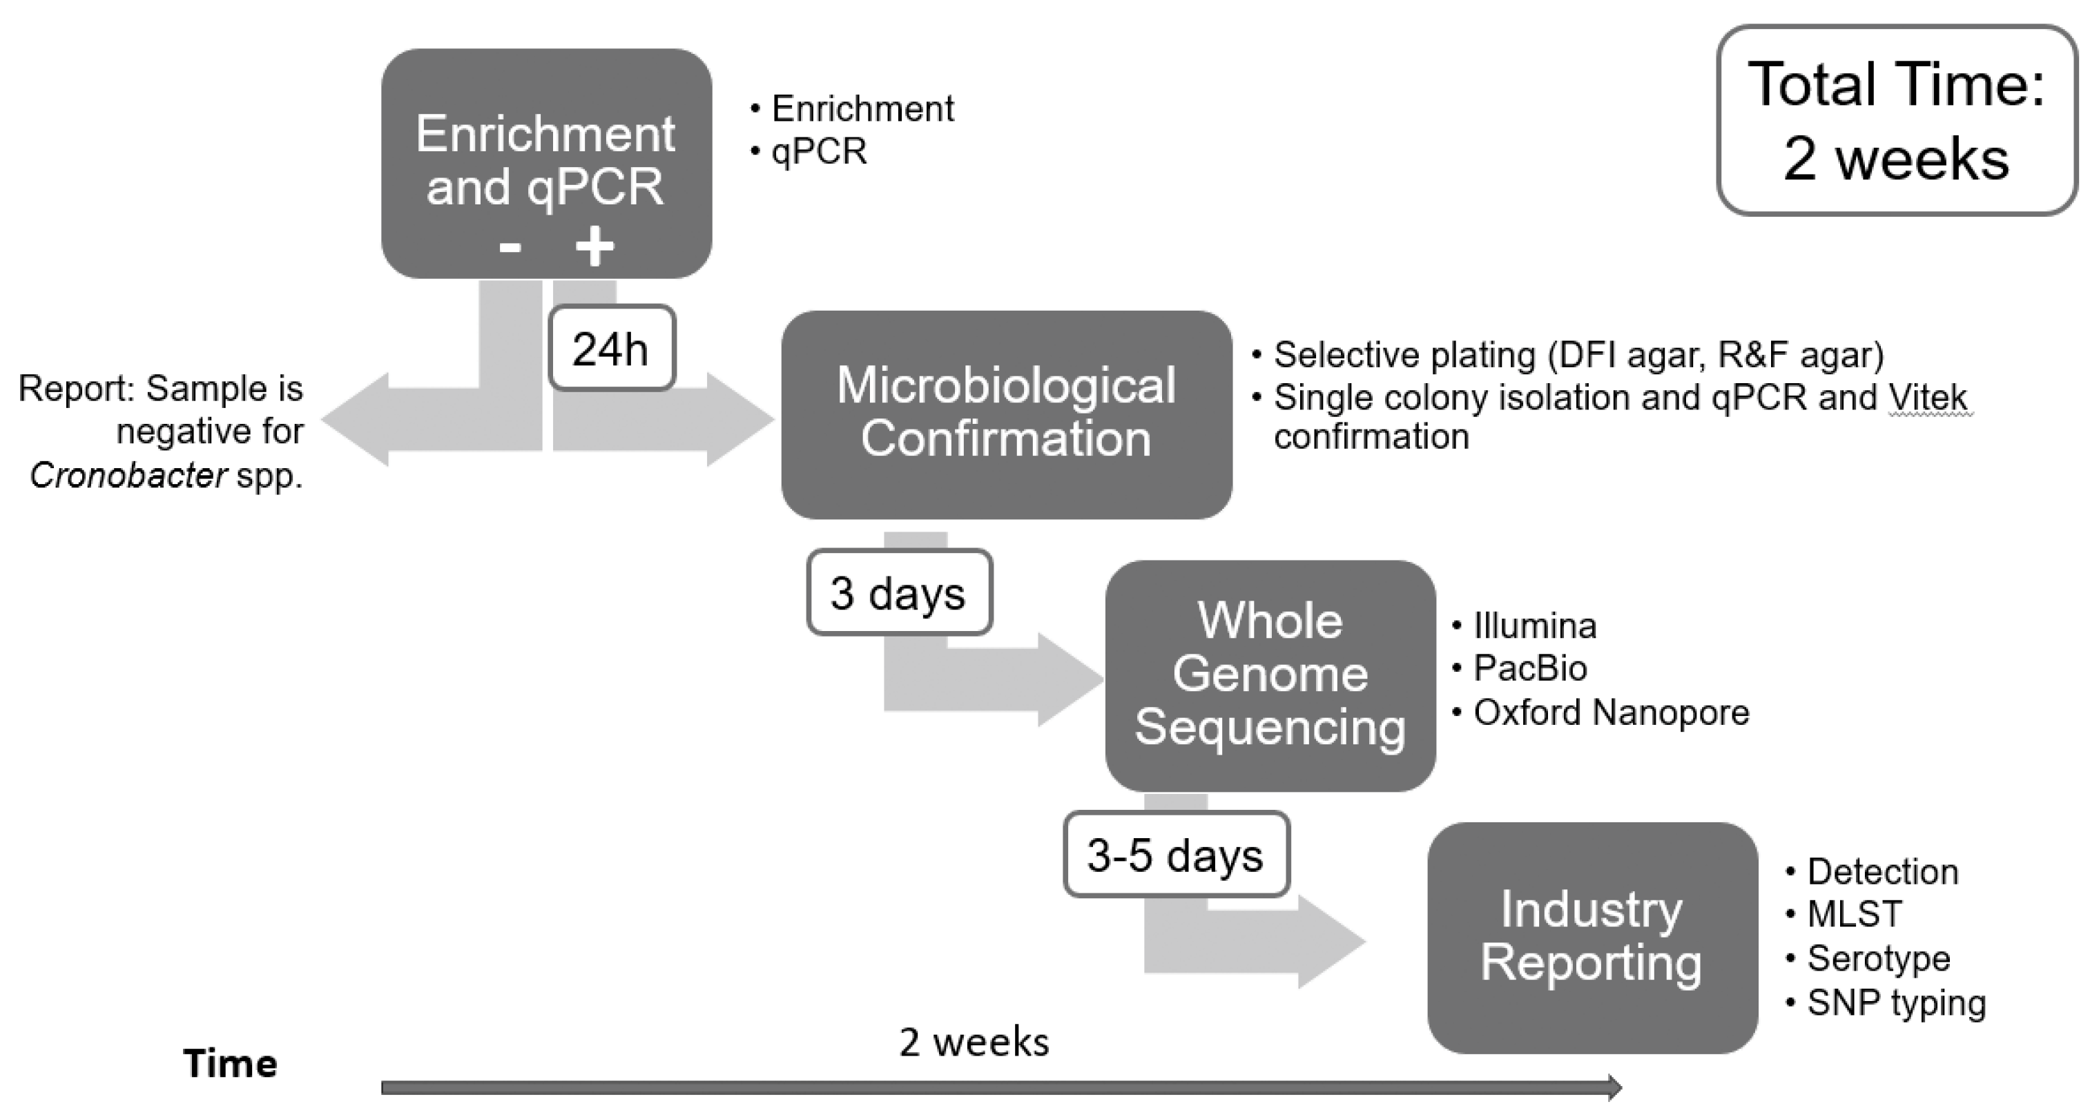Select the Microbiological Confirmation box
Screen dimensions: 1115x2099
(x=1005, y=414)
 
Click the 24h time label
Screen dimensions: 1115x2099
(x=611, y=348)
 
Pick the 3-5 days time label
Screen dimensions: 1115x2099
(x=1175, y=855)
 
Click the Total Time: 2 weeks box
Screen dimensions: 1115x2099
(x=1896, y=121)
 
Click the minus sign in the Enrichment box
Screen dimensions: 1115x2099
(x=510, y=247)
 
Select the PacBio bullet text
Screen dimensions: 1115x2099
(x=1529, y=668)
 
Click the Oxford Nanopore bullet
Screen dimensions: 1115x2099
(x=1610, y=712)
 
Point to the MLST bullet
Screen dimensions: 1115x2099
(x=1854, y=915)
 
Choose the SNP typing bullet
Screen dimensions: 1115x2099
(x=1895, y=1003)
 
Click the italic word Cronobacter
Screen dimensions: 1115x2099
(x=128, y=475)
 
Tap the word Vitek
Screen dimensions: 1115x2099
(x=1927, y=398)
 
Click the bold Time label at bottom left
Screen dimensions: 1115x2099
(x=231, y=1064)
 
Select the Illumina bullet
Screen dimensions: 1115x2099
(x=1534, y=626)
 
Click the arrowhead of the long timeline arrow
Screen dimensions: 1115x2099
(x=1614, y=1087)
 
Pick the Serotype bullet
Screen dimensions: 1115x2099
(x=1878, y=958)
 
